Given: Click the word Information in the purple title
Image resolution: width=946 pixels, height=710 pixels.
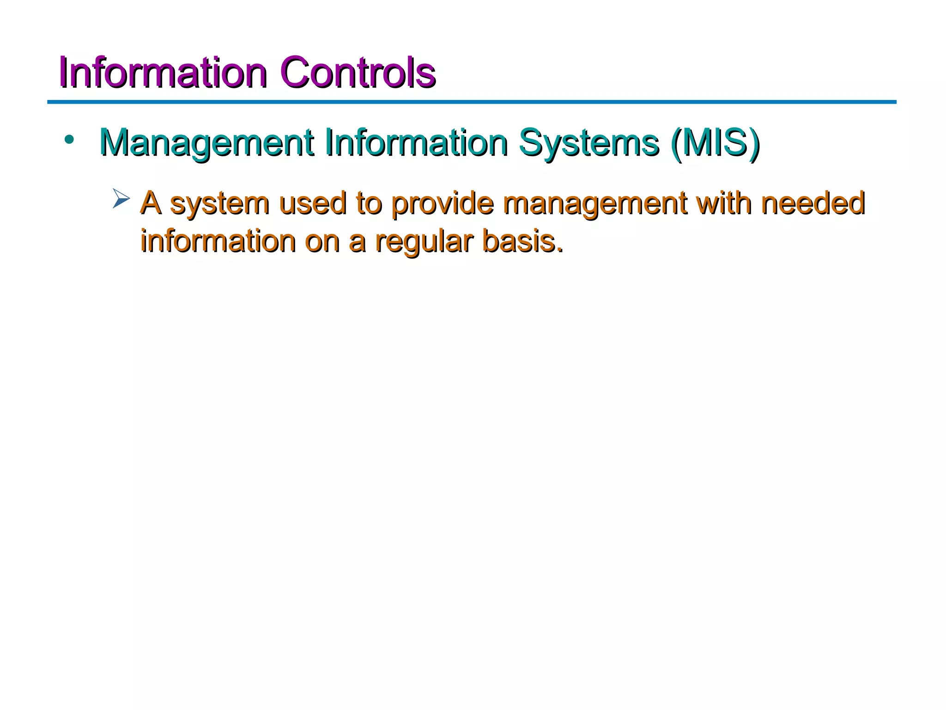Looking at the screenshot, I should click(163, 73).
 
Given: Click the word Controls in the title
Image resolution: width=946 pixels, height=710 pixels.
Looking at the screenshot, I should click(358, 73).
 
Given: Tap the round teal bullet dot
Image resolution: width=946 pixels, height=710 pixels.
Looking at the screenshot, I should click(69, 139).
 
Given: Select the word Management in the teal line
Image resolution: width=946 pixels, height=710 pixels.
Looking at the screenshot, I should click(207, 143).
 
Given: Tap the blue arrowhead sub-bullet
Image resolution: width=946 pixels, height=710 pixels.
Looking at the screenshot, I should click(121, 199).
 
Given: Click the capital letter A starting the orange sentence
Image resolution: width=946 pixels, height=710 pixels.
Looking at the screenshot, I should click(151, 203).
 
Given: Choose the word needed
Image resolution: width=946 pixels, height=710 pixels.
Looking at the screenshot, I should click(813, 203).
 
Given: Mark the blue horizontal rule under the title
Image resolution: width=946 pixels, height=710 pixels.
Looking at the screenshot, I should click(471, 102).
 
